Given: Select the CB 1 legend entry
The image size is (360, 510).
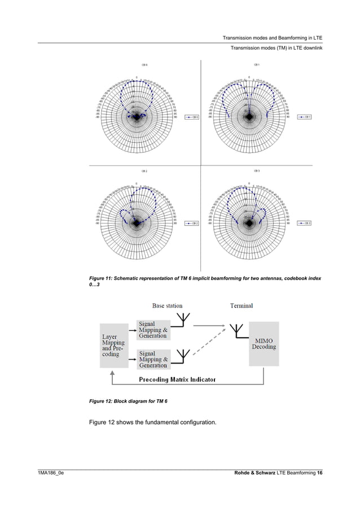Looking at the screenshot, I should tap(305, 117).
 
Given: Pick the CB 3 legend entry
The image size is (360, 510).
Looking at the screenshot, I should tap(305, 224).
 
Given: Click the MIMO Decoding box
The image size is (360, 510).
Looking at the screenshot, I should tap(264, 343).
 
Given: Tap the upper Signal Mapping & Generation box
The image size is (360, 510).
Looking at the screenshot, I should tap(153, 330).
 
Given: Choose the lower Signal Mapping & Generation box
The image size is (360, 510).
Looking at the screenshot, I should tap(153, 359).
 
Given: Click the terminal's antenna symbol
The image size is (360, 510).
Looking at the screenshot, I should tap(237, 332).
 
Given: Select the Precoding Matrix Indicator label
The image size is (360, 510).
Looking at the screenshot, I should tap(178, 380).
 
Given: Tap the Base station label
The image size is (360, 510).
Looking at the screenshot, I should tap(167, 306).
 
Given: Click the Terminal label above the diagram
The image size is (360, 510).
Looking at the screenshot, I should tap(241, 306).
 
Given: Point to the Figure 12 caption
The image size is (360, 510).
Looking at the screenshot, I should tap(129, 400).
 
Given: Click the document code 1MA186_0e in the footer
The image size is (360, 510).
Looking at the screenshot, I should tap(50, 472).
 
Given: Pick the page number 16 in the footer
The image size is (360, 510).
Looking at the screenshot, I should tap(319, 472).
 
